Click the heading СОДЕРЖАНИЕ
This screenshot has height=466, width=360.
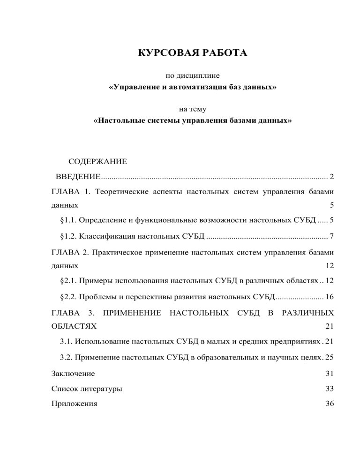coord(97,163)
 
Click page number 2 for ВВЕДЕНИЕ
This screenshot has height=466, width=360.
coord(331,177)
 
